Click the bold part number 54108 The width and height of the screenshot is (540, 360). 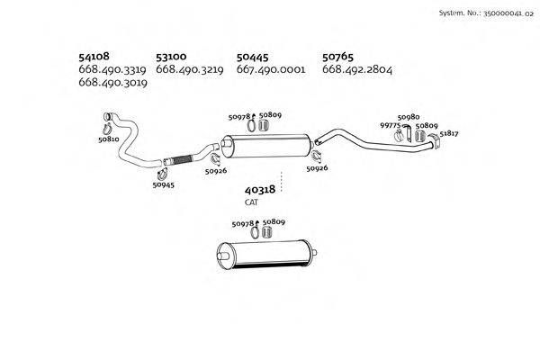pyautogui.click(x=94, y=56)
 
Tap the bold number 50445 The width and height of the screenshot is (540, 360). pyautogui.click(x=252, y=56)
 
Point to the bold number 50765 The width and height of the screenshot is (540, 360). pyautogui.click(x=338, y=56)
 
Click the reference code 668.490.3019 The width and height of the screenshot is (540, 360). pyautogui.click(x=112, y=82)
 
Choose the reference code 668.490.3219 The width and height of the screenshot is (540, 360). pyautogui.click(x=189, y=69)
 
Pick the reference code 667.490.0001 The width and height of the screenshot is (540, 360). pyautogui.click(x=270, y=69)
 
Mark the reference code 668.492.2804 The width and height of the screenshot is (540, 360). pyautogui.click(x=356, y=69)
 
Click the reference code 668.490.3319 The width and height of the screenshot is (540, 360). pyautogui.click(x=112, y=69)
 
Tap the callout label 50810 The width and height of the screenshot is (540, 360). pyautogui.click(x=108, y=140)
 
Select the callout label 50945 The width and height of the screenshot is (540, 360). pyautogui.click(x=163, y=185)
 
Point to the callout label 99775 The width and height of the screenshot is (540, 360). pyautogui.click(x=391, y=126)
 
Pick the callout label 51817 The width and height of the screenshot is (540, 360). pyautogui.click(x=449, y=133)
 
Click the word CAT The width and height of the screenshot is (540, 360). pyautogui.click(x=251, y=203)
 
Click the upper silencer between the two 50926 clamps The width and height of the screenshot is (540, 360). pyautogui.click(x=266, y=148)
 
